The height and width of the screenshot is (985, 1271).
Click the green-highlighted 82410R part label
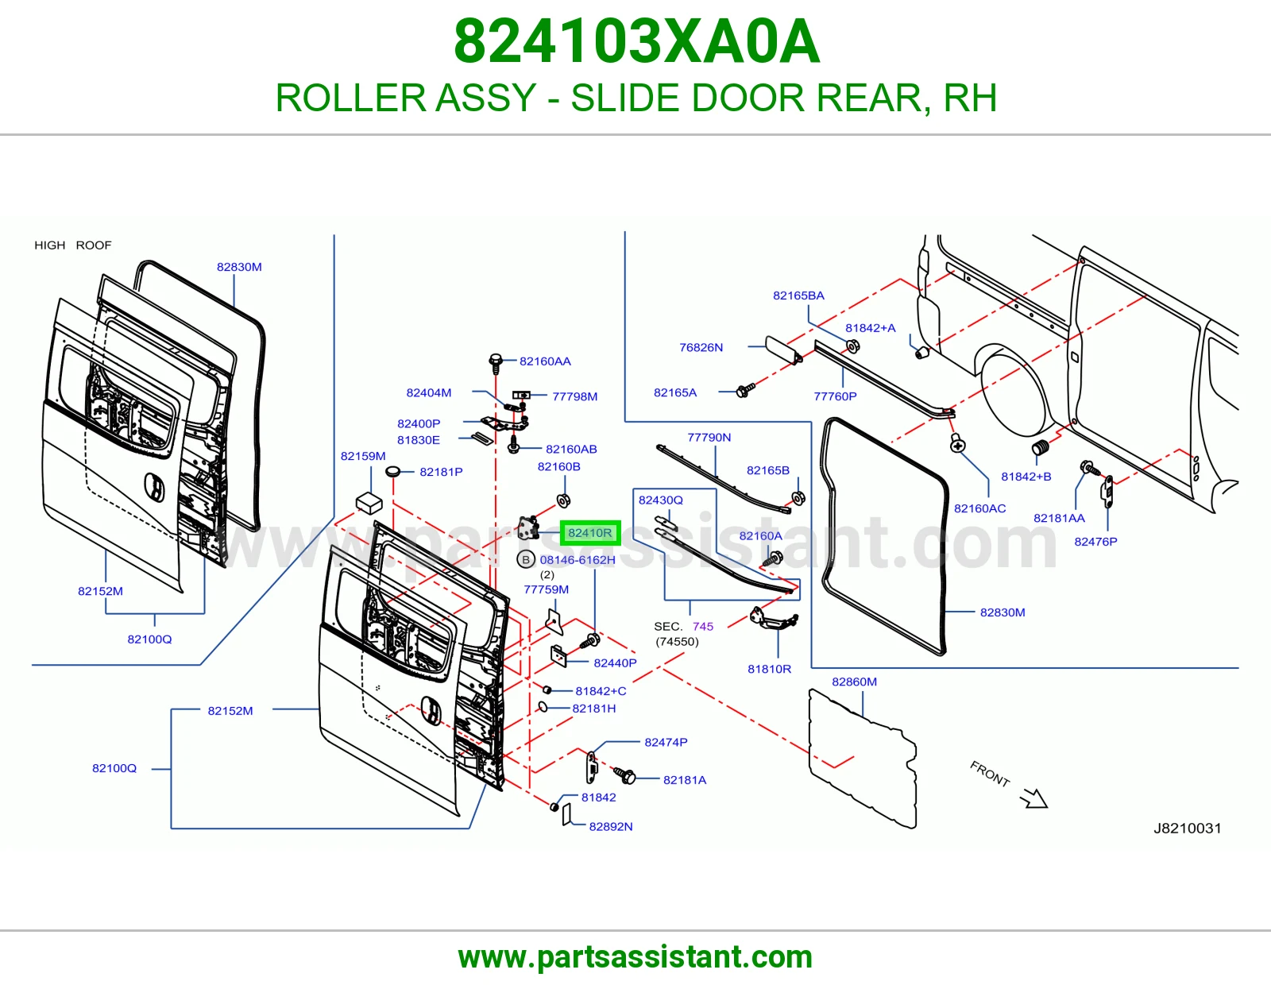589,533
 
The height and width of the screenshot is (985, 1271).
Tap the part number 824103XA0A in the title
636,41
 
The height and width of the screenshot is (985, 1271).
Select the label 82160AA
545,361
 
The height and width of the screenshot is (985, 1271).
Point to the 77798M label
575,396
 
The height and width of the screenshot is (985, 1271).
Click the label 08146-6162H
578,560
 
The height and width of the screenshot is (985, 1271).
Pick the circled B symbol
526,560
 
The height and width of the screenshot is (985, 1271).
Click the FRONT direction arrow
1034,798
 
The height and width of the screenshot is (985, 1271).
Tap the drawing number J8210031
1188,829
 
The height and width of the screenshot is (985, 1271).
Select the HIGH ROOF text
72,245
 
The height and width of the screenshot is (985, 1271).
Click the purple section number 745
703,627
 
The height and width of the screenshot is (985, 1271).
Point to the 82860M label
854,682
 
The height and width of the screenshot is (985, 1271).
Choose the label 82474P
666,742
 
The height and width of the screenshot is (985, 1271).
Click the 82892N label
611,826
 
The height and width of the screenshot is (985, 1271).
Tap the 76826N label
701,347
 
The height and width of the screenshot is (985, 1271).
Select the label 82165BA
798,295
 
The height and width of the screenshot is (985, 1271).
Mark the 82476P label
1095,542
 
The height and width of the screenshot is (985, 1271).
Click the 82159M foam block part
369,503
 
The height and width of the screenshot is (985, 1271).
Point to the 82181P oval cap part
392,471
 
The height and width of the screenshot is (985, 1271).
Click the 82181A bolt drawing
624,775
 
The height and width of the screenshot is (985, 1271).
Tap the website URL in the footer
635,957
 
